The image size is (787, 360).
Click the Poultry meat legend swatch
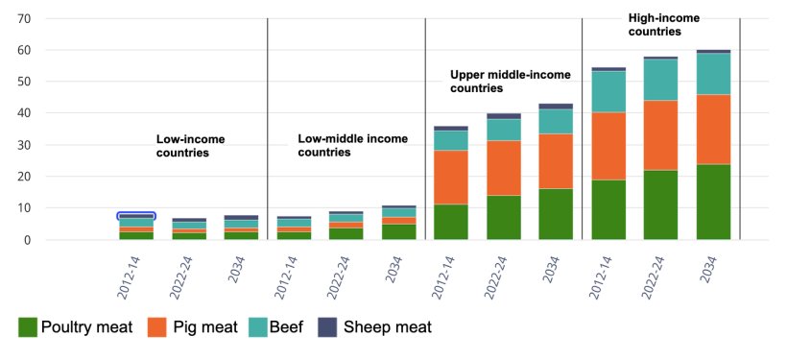pyautogui.click(x=28, y=327)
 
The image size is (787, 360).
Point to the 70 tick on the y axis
pyautogui.click(x=24, y=18)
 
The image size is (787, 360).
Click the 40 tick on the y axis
pyautogui.click(x=24, y=113)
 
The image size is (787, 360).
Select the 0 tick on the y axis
pyautogui.click(x=28, y=240)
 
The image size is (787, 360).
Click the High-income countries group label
pyautogui.click(x=664, y=24)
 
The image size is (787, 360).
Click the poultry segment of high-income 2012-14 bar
pyautogui.click(x=608, y=209)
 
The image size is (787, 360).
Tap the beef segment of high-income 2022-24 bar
pyautogui.click(x=660, y=80)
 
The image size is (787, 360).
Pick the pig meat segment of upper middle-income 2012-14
pyautogui.click(x=451, y=177)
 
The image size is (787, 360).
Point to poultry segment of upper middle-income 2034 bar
pyautogui.click(x=556, y=213)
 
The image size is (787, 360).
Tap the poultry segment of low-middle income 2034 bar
pyautogui.click(x=398, y=231)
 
